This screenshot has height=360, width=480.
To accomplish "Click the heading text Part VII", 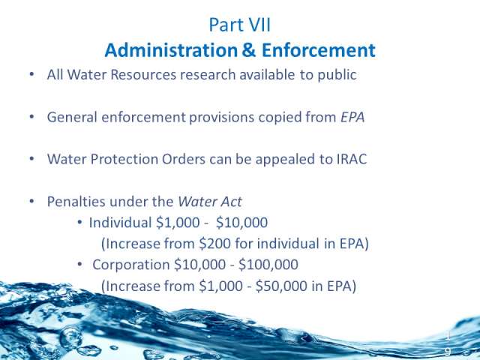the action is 240,25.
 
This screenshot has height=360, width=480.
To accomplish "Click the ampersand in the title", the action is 249,50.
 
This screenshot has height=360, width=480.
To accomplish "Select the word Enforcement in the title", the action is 318,50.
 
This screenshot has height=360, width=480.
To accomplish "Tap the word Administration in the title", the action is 171,50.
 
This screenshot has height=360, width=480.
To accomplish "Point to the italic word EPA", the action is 352,117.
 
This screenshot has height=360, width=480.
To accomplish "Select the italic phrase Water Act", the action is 210,202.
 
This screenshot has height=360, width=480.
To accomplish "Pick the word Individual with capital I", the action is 120,223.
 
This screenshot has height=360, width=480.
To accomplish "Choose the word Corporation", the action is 130,265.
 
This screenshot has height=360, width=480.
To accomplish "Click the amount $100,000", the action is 268,265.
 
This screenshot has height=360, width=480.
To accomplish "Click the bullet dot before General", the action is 31,117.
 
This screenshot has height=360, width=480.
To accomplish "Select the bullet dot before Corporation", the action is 80,263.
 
